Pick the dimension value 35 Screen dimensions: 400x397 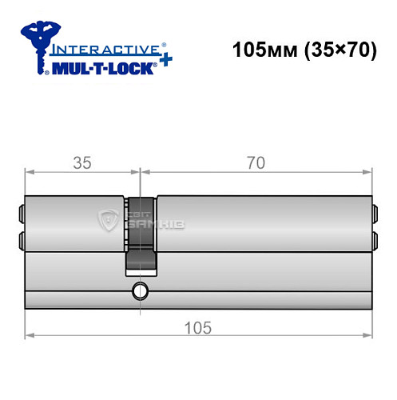tap(81, 163)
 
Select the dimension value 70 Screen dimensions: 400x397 tap(256, 163)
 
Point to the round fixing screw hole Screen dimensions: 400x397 tap(141, 290)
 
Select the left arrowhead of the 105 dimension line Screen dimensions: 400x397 tap(29, 334)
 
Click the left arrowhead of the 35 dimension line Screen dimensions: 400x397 tap(29, 170)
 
